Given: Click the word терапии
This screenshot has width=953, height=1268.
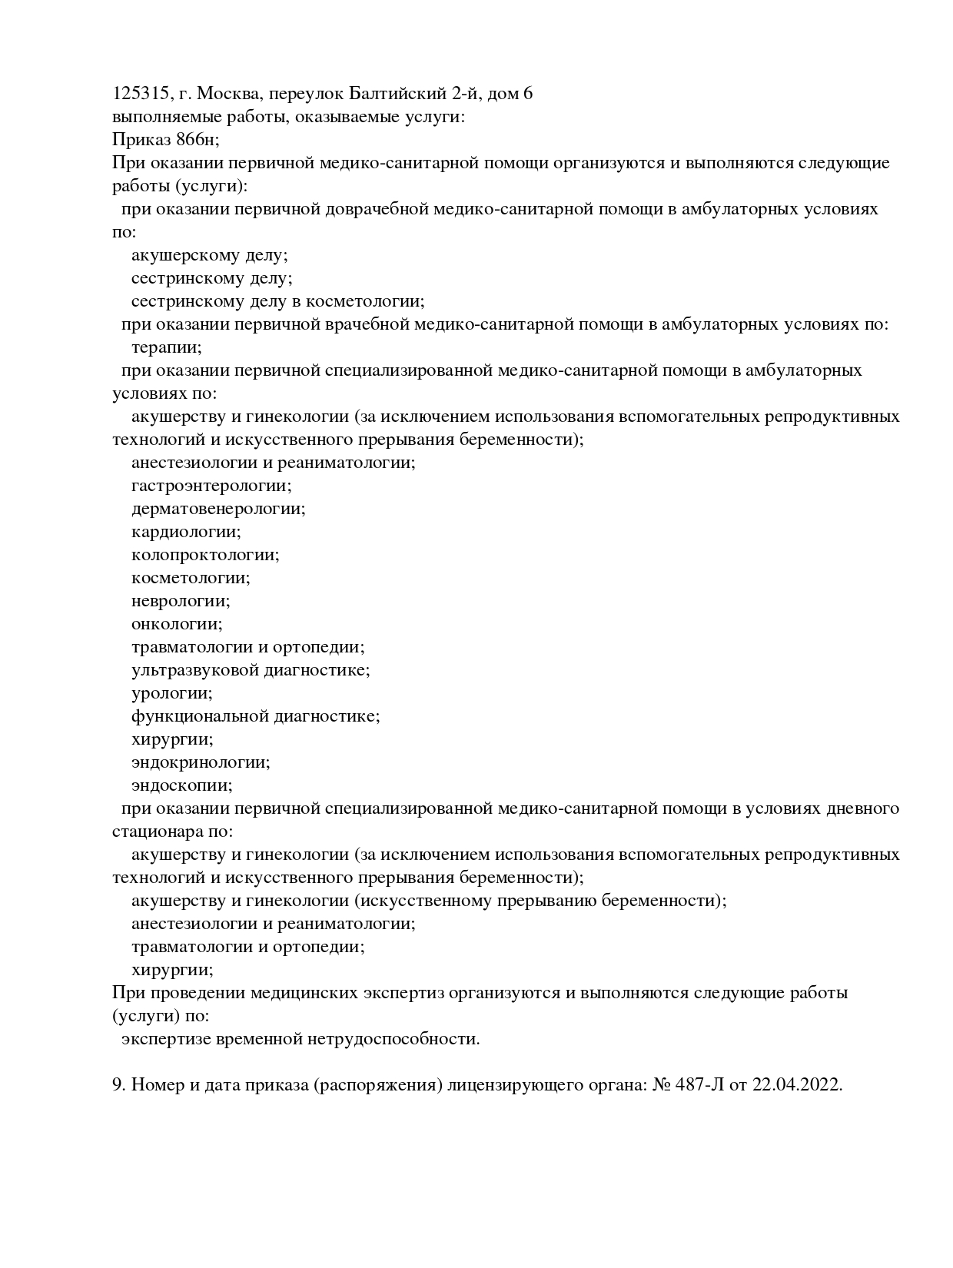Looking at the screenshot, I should [x=166, y=347].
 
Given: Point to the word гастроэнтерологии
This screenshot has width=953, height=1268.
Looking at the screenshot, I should [x=211, y=486].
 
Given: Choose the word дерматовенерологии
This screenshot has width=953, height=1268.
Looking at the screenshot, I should [x=218, y=509].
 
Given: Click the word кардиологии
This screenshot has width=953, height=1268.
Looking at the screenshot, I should [x=185, y=532].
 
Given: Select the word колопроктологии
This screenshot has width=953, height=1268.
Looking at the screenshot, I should [x=205, y=555].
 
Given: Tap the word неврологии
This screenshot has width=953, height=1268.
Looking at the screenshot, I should [x=181, y=601].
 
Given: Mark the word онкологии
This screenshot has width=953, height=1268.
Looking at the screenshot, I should [x=177, y=624].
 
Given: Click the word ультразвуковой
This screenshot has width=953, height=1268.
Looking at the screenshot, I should [x=194, y=670].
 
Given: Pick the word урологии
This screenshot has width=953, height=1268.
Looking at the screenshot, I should [x=171, y=693].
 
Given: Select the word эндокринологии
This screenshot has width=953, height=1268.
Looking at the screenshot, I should [x=200, y=762].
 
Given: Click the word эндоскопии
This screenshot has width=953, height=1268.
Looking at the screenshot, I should [x=181, y=785].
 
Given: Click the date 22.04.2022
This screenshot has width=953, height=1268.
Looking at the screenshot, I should [x=797, y=1085].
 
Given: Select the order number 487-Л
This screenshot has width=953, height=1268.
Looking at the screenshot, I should [x=701, y=1085].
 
